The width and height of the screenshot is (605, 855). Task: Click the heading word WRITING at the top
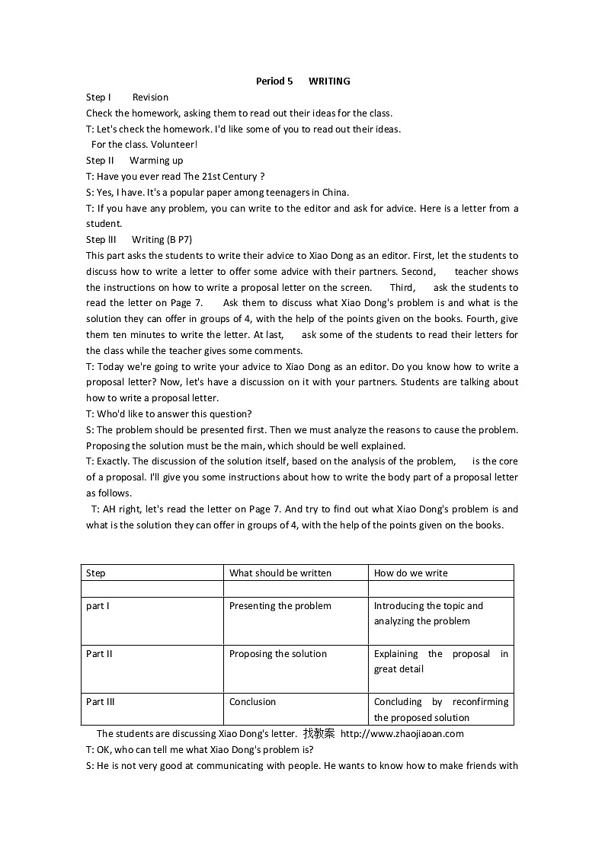[329, 81]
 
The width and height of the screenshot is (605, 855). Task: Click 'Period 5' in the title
[274, 81]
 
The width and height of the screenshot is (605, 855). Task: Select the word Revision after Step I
[150, 97]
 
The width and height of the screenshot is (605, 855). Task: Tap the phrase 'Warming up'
[156, 160]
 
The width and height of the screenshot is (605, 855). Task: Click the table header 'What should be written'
[280, 573]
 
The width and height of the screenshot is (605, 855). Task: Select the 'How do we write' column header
[411, 573]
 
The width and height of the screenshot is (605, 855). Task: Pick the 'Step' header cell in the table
[96, 573]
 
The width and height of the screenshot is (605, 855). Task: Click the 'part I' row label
[98, 606]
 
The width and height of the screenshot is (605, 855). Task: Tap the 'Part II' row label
[99, 654]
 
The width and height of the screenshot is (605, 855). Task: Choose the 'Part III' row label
[101, 702]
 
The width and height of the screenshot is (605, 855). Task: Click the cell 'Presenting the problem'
[280, 606]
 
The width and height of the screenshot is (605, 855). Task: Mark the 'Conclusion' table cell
[252, 702]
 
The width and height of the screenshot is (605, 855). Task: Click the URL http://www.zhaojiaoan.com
[402, 734]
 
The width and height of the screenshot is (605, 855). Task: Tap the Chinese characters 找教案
[319, 734]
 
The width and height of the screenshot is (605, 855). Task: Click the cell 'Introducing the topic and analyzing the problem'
[427, 614]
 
